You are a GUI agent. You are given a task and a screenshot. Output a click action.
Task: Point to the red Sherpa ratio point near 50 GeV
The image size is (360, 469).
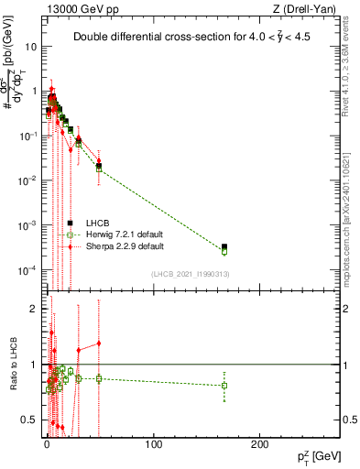99,344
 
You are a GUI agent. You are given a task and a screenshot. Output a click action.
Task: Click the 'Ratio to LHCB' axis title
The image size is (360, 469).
12,365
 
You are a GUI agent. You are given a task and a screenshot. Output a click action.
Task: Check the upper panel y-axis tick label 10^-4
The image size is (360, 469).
27,270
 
